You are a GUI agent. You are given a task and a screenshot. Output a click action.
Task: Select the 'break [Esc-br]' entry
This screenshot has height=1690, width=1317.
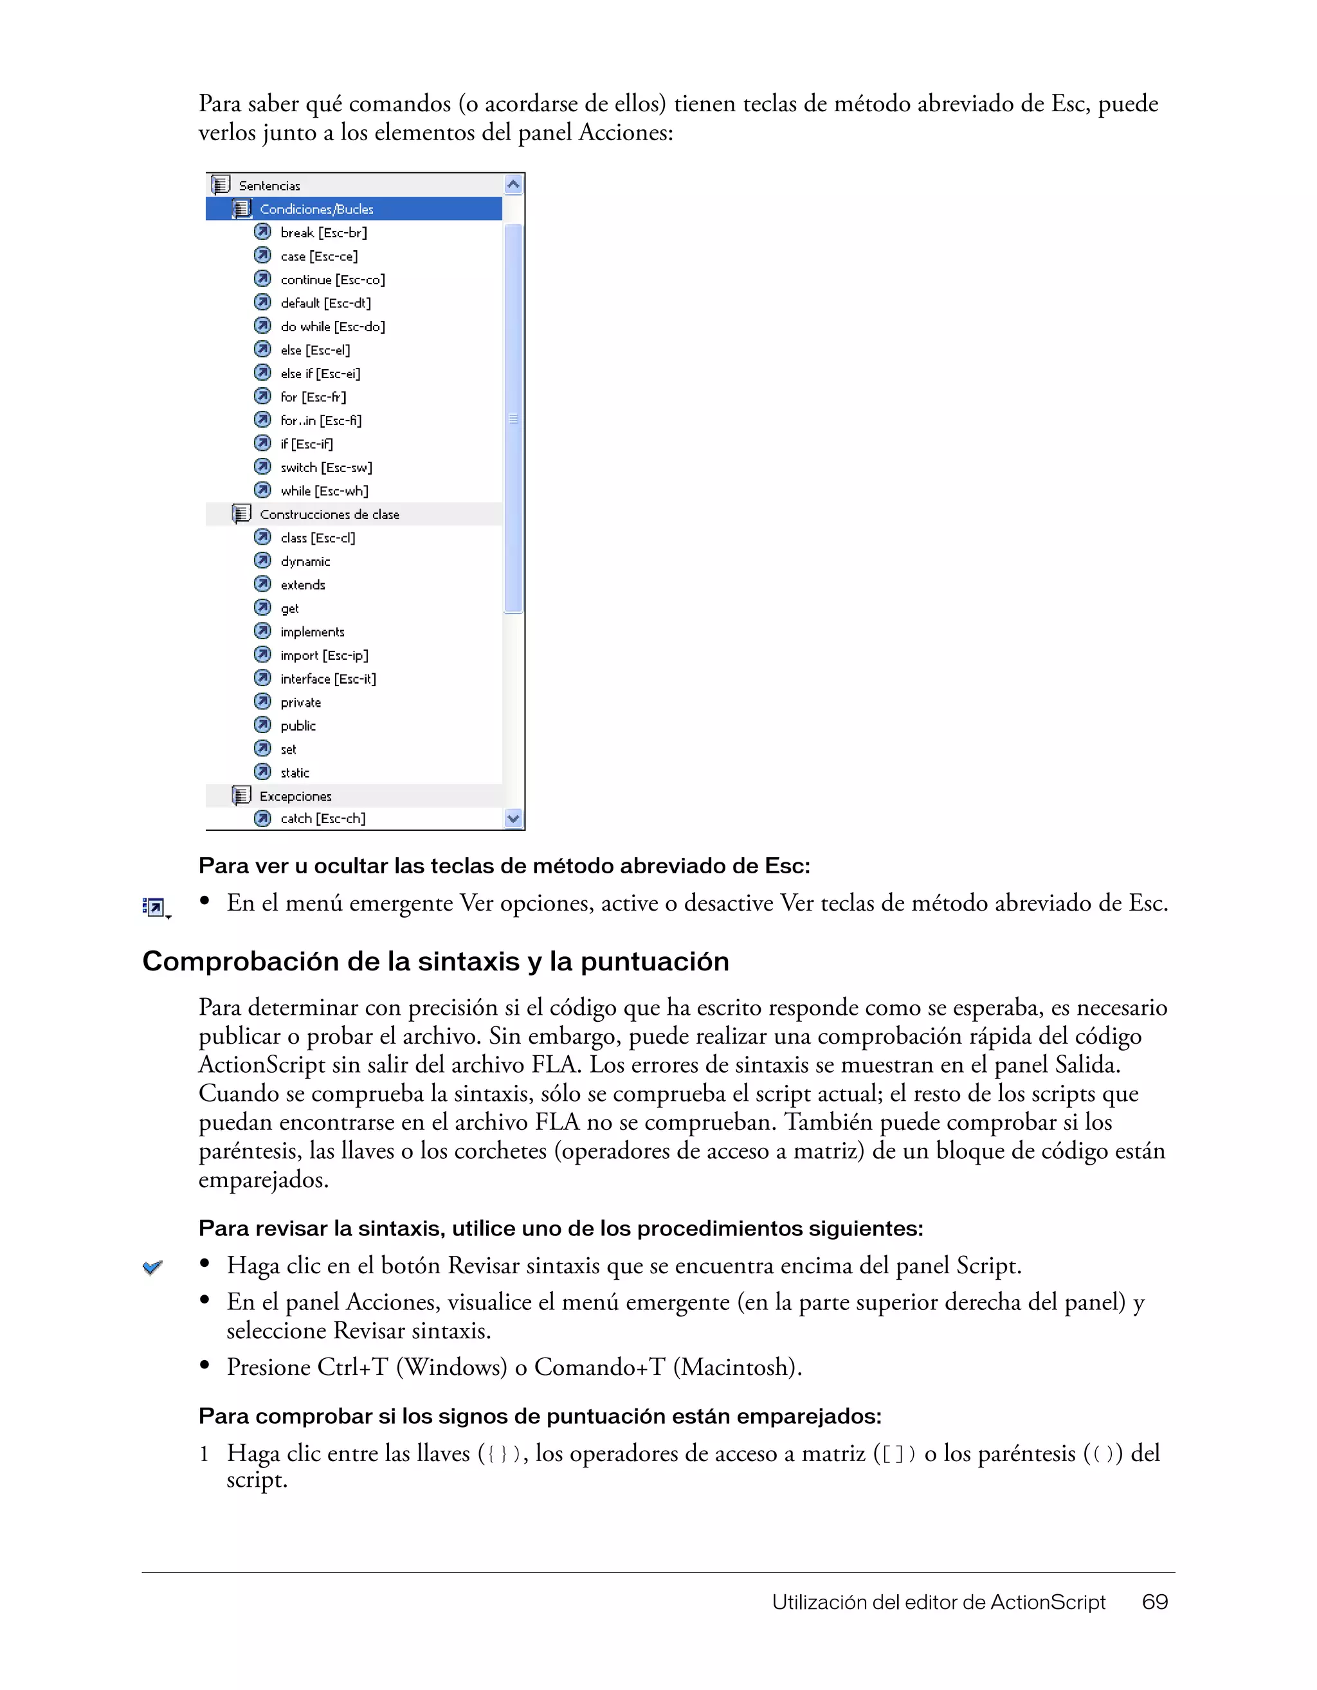coord(323,232)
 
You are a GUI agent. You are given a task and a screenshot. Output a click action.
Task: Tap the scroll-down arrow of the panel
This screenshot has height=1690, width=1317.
coord(513,818)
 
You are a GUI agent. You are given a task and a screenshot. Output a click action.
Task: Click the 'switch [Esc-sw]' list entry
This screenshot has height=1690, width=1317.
coord(326,468)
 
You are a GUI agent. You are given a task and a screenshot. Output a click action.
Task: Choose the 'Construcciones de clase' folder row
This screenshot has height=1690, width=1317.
coord(329,514)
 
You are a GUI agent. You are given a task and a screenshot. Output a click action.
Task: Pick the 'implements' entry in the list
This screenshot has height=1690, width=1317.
coord(312,632)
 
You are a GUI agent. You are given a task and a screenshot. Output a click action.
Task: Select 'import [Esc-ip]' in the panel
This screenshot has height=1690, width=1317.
coord(324,655)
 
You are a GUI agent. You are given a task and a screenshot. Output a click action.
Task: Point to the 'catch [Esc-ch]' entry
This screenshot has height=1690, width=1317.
coord(323,819)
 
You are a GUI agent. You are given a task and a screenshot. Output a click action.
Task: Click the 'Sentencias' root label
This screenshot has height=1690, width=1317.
coord(269,186)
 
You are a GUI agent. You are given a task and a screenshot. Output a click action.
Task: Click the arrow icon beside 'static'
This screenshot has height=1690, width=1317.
coord(263,772)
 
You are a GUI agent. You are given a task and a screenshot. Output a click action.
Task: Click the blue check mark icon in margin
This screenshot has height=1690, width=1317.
coord(152,1267)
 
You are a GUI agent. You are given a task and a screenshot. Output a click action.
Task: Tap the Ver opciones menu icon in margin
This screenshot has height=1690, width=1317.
coord(155,907)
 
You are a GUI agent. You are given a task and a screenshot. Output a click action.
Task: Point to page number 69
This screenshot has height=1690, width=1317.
coord(1154,1602)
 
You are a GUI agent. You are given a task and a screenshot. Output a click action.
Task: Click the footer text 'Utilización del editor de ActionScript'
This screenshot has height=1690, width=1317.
coord(939,1602)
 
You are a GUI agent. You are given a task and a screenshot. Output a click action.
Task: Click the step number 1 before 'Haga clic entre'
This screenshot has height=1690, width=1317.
coord(203,1454)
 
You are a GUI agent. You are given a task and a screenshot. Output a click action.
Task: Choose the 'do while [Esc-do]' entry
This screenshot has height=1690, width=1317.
coord(332,327)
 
